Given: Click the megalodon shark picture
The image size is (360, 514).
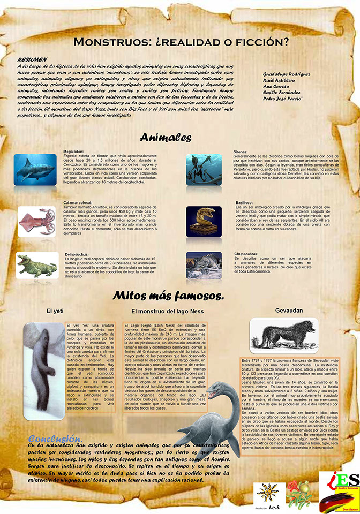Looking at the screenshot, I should [x=35, y=170].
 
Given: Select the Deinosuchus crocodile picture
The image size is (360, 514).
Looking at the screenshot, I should [x=36, y=265].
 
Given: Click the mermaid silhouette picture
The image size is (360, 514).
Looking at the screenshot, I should [x=204, y=170].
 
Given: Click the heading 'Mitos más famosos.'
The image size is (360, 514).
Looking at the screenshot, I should [x=168, y=296].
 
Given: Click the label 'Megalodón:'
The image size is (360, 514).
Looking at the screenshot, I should [x=74, y=151].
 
